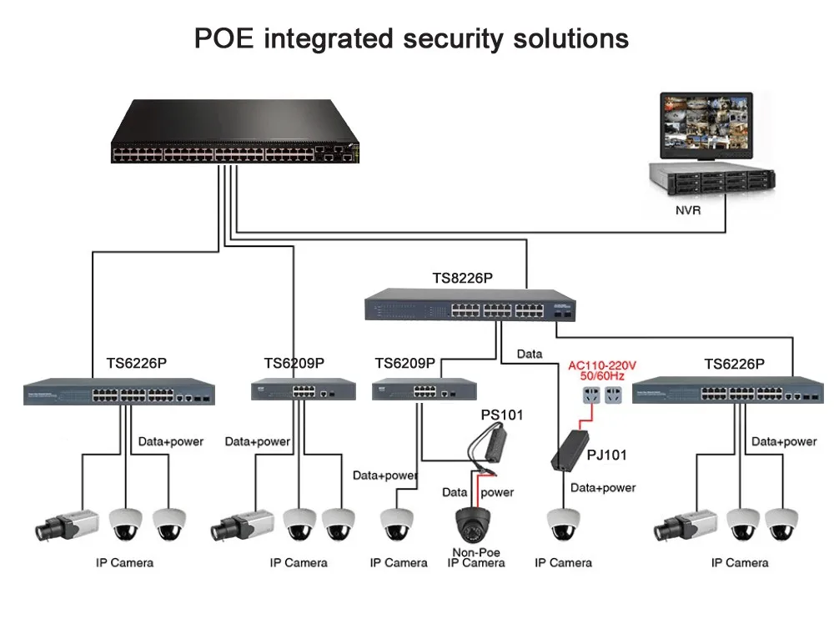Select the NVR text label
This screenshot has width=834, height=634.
(688, 211)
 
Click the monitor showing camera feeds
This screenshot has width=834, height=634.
(706, 124)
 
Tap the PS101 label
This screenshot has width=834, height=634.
(501, 415)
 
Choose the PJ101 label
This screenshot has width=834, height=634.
(606, 455)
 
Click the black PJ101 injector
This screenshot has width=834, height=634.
(570, 450)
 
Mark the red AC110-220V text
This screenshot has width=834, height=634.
(602, 365)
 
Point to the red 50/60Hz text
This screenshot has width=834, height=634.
(602, 378)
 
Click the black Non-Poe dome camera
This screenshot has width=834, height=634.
(476, 523)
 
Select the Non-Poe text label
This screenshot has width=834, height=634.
(476, 551)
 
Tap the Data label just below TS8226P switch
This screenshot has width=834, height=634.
(529, 354)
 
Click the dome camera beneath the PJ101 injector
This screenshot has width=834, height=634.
(563, 525)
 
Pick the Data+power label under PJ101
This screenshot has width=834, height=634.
(602, 487)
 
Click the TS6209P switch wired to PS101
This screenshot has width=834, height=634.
(424, 388)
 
